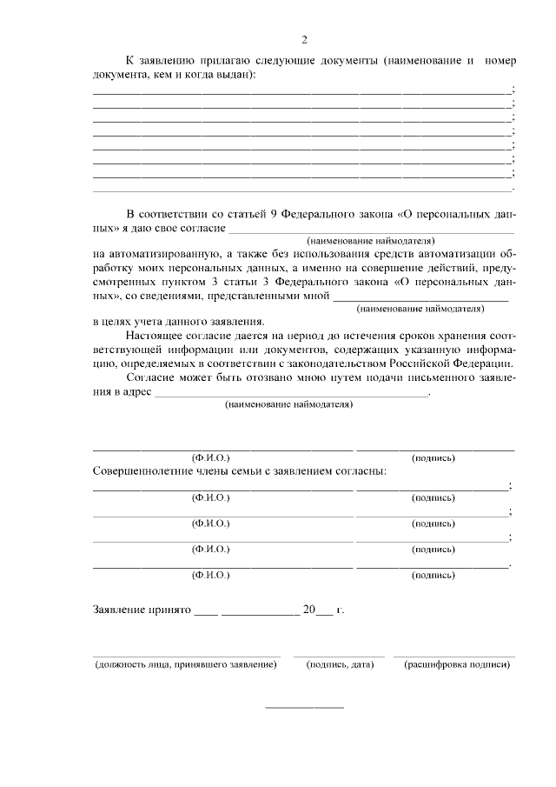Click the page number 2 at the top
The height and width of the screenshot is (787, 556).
tap(304, 40)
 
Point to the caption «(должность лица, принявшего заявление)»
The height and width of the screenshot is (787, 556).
tap(186, 665)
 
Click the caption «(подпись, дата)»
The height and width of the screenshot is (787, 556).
tap(339, 665)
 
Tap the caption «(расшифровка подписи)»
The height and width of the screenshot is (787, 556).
tap(456, 665)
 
